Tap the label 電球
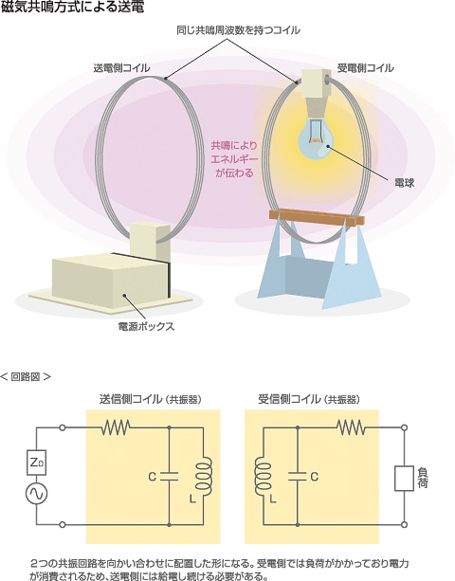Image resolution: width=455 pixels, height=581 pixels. click(x=404, y=183)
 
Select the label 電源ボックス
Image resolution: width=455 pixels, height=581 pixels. click(x=146, y=326)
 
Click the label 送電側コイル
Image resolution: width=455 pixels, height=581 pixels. click(x=121, y=68)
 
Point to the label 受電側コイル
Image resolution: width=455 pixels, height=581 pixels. click(x=365, y=68)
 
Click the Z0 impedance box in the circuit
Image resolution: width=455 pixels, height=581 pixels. click(x=36, y=463)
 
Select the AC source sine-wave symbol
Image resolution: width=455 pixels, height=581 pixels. click(x=36, y=494)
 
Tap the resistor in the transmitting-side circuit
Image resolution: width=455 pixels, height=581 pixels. click(x=116, y=427)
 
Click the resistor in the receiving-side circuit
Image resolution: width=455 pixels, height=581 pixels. click(x=351, y=427)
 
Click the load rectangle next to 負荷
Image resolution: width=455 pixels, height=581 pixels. click(x=404, y=479)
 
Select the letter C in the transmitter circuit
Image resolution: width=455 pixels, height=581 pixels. click(x=152, y=477)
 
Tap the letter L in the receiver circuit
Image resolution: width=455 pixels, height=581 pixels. click(x=273, y=499)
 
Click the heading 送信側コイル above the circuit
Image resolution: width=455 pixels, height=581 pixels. click(x=131, y=399)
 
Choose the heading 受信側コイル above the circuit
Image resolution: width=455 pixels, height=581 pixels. click(x=289, y=399)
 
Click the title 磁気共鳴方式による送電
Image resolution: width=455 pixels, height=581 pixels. click(x=72, y=7)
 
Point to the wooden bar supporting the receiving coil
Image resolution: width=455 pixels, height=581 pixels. click(x=318, y=217)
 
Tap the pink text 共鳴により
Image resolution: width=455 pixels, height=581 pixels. click(x=234, y=146)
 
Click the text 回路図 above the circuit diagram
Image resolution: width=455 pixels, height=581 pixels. click(x=26, y=377)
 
